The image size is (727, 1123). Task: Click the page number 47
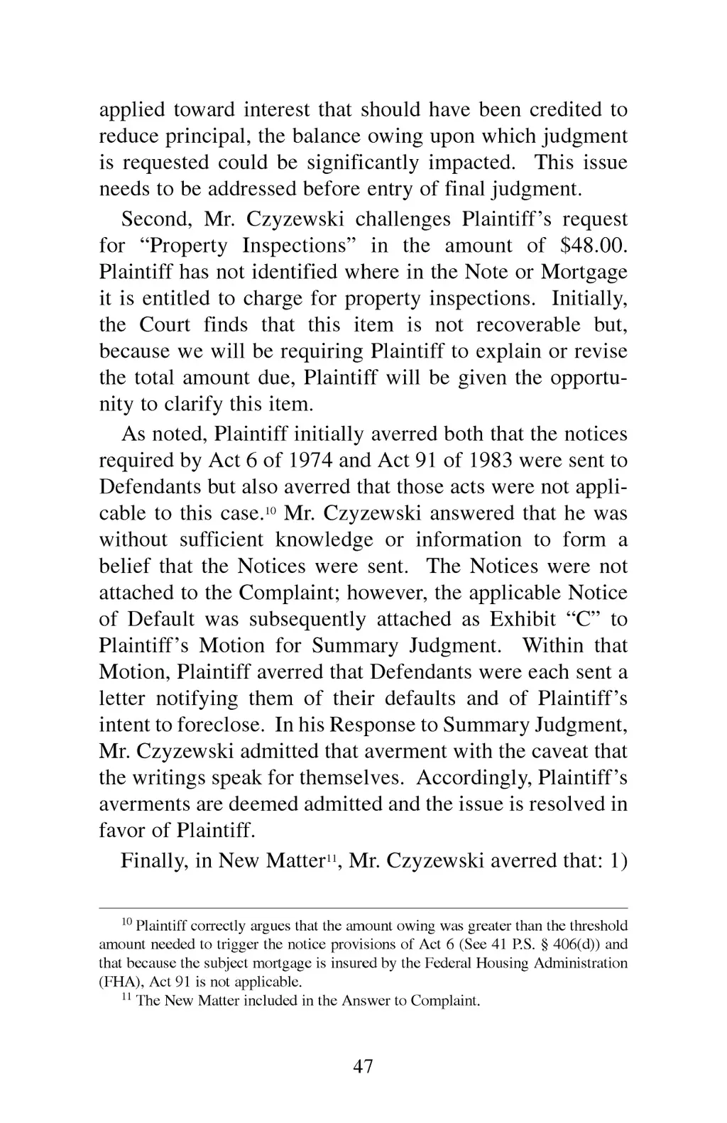(363, 1066)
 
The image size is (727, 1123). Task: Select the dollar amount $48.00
(594, 246)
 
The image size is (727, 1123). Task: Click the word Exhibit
(523, 619)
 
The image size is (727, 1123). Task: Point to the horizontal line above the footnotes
(363, 908)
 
